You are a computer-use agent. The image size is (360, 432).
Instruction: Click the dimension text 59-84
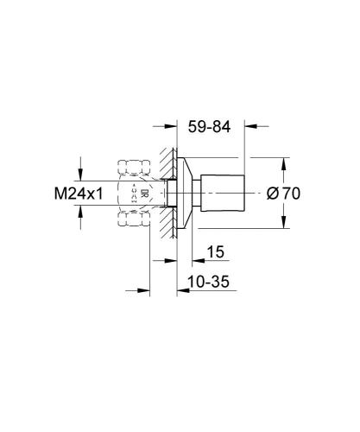click(209, 127)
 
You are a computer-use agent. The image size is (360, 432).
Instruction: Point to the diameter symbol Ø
click(272, 194)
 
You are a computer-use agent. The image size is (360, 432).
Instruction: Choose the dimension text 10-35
click(209, 283)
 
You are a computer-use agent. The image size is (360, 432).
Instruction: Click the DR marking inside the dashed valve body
click(144, 194)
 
